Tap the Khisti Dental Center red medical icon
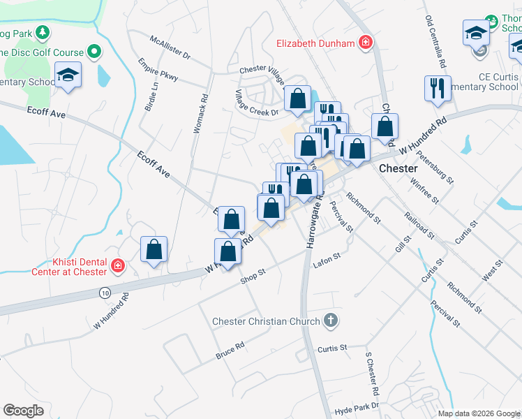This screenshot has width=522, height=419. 117,266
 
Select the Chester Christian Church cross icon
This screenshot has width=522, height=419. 331,321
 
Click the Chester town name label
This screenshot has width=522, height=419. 398,169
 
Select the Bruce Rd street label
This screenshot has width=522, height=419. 230,351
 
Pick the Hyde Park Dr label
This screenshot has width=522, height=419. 356,406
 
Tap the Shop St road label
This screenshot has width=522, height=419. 253,276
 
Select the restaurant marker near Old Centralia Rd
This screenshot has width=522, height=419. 438,88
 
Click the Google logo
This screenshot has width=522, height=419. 23,411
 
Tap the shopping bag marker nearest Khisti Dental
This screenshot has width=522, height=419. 154,249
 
